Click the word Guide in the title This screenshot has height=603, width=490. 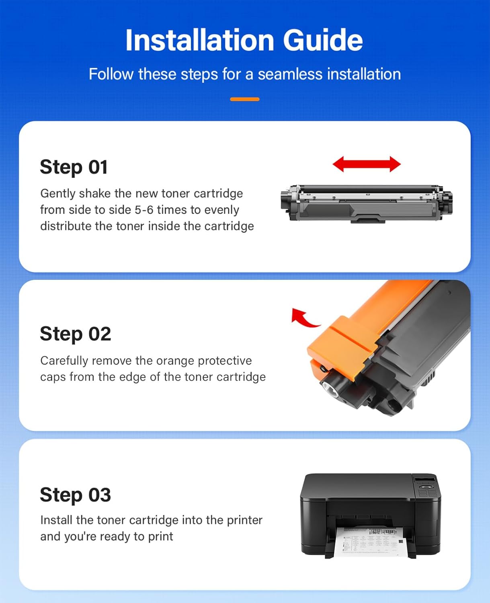(323, 40)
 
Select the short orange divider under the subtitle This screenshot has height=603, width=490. (244, 99)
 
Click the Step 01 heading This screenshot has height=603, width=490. (74, 167)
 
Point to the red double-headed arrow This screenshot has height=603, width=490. (367, 164)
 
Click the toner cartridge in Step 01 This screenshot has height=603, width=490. (367, 203)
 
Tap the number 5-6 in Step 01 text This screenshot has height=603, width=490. (144, 210)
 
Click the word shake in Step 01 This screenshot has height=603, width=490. (95, 193)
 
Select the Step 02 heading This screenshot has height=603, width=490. (75, 334)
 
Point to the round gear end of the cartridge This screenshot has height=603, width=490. (332, 388)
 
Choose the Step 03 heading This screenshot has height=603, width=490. (75, 494)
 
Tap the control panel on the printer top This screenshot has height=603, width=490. (426, 486)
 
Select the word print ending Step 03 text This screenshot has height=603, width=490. (160, 537)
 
